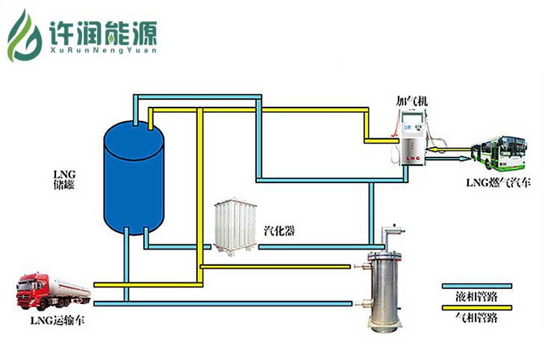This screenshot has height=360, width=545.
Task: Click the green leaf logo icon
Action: (x=25, y=35)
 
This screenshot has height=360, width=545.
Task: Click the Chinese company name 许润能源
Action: (x=102, y=31)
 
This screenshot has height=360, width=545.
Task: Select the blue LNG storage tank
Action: (x=133, y=179)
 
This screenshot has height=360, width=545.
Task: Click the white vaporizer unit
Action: (x=235, y=227)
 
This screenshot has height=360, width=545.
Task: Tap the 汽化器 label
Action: (x=279, y=231)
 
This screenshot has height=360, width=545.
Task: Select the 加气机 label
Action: (x=412, y=100)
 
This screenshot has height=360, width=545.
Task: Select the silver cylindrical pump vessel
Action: (x=385, y=288)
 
